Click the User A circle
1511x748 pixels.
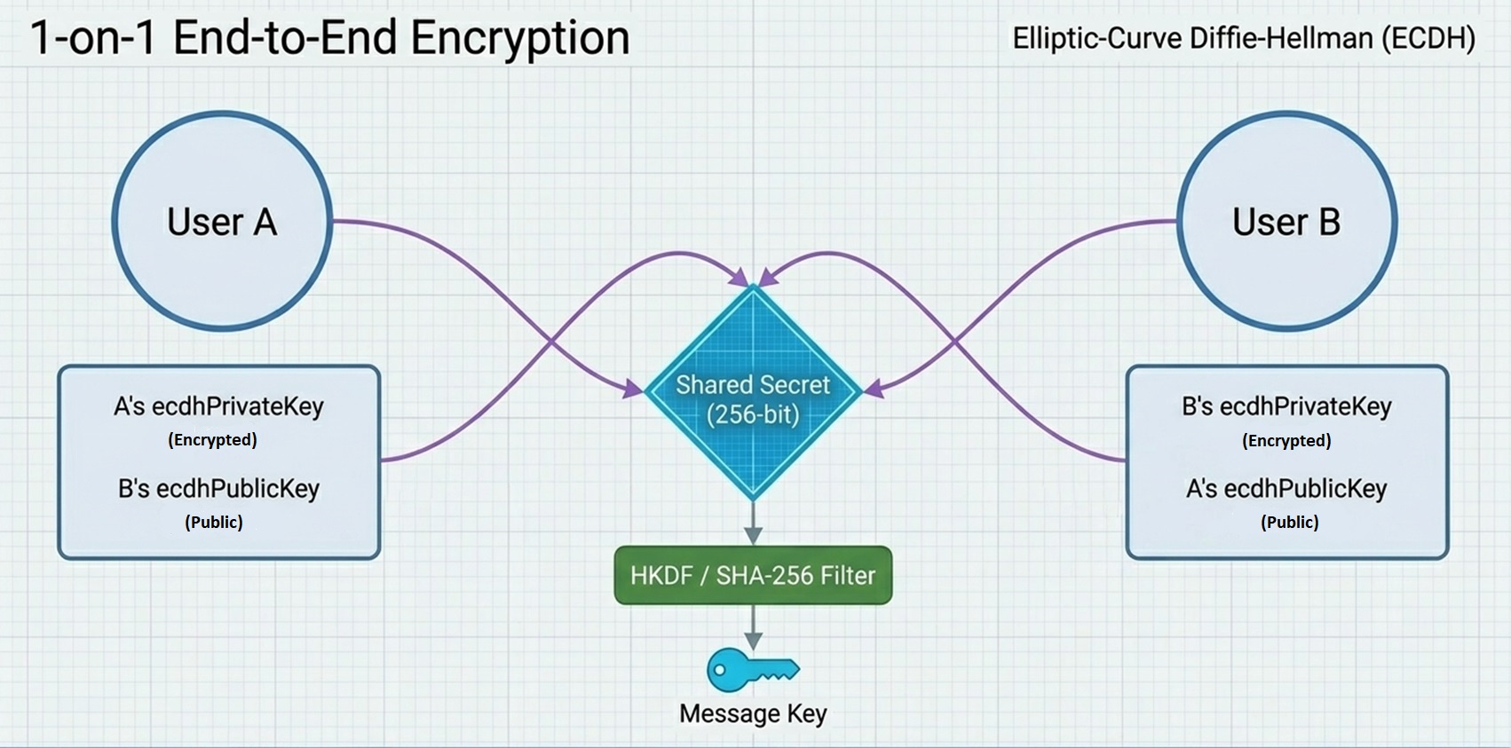pyautogui.click(x=222, y=221)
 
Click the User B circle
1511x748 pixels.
pyautogui.click(x=1286, y=221)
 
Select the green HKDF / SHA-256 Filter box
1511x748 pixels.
pyautogui.click(x=753, y=575)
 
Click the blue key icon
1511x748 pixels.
pyautogui.click(x=751, y=670)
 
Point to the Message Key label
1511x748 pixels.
pyautogui.click(x=753, y=713)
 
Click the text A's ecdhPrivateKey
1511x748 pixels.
pyautogui.click(x=218, y=406)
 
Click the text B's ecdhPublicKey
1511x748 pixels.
pyautogui.click(x=218, y=488)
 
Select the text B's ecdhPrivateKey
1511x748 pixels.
pyautogui.click(x=1286, y=406)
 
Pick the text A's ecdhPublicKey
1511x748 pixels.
pyautogui.click(x=1286, y=488)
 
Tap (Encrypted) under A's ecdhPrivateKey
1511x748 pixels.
pyautogui.click(x=213, y=439)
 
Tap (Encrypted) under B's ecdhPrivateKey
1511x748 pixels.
pyautogui.click(x=1286, y=440)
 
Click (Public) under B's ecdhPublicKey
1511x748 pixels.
pyautogui.click(x=214, y=522)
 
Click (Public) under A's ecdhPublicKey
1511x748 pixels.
pyautogui.click(x=1289, y=522)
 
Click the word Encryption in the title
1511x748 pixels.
pyautogui.click(x=519, y=37)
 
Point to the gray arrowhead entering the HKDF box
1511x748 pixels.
pyautogui.click(x=753, y=534)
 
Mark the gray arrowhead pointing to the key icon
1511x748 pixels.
pyautogui.click(x=753, y=640)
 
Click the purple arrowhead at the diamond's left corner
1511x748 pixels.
pyautogui.click(x=633, y=389)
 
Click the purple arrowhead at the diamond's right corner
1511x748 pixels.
pyautogui.click(x=874, y=389)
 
